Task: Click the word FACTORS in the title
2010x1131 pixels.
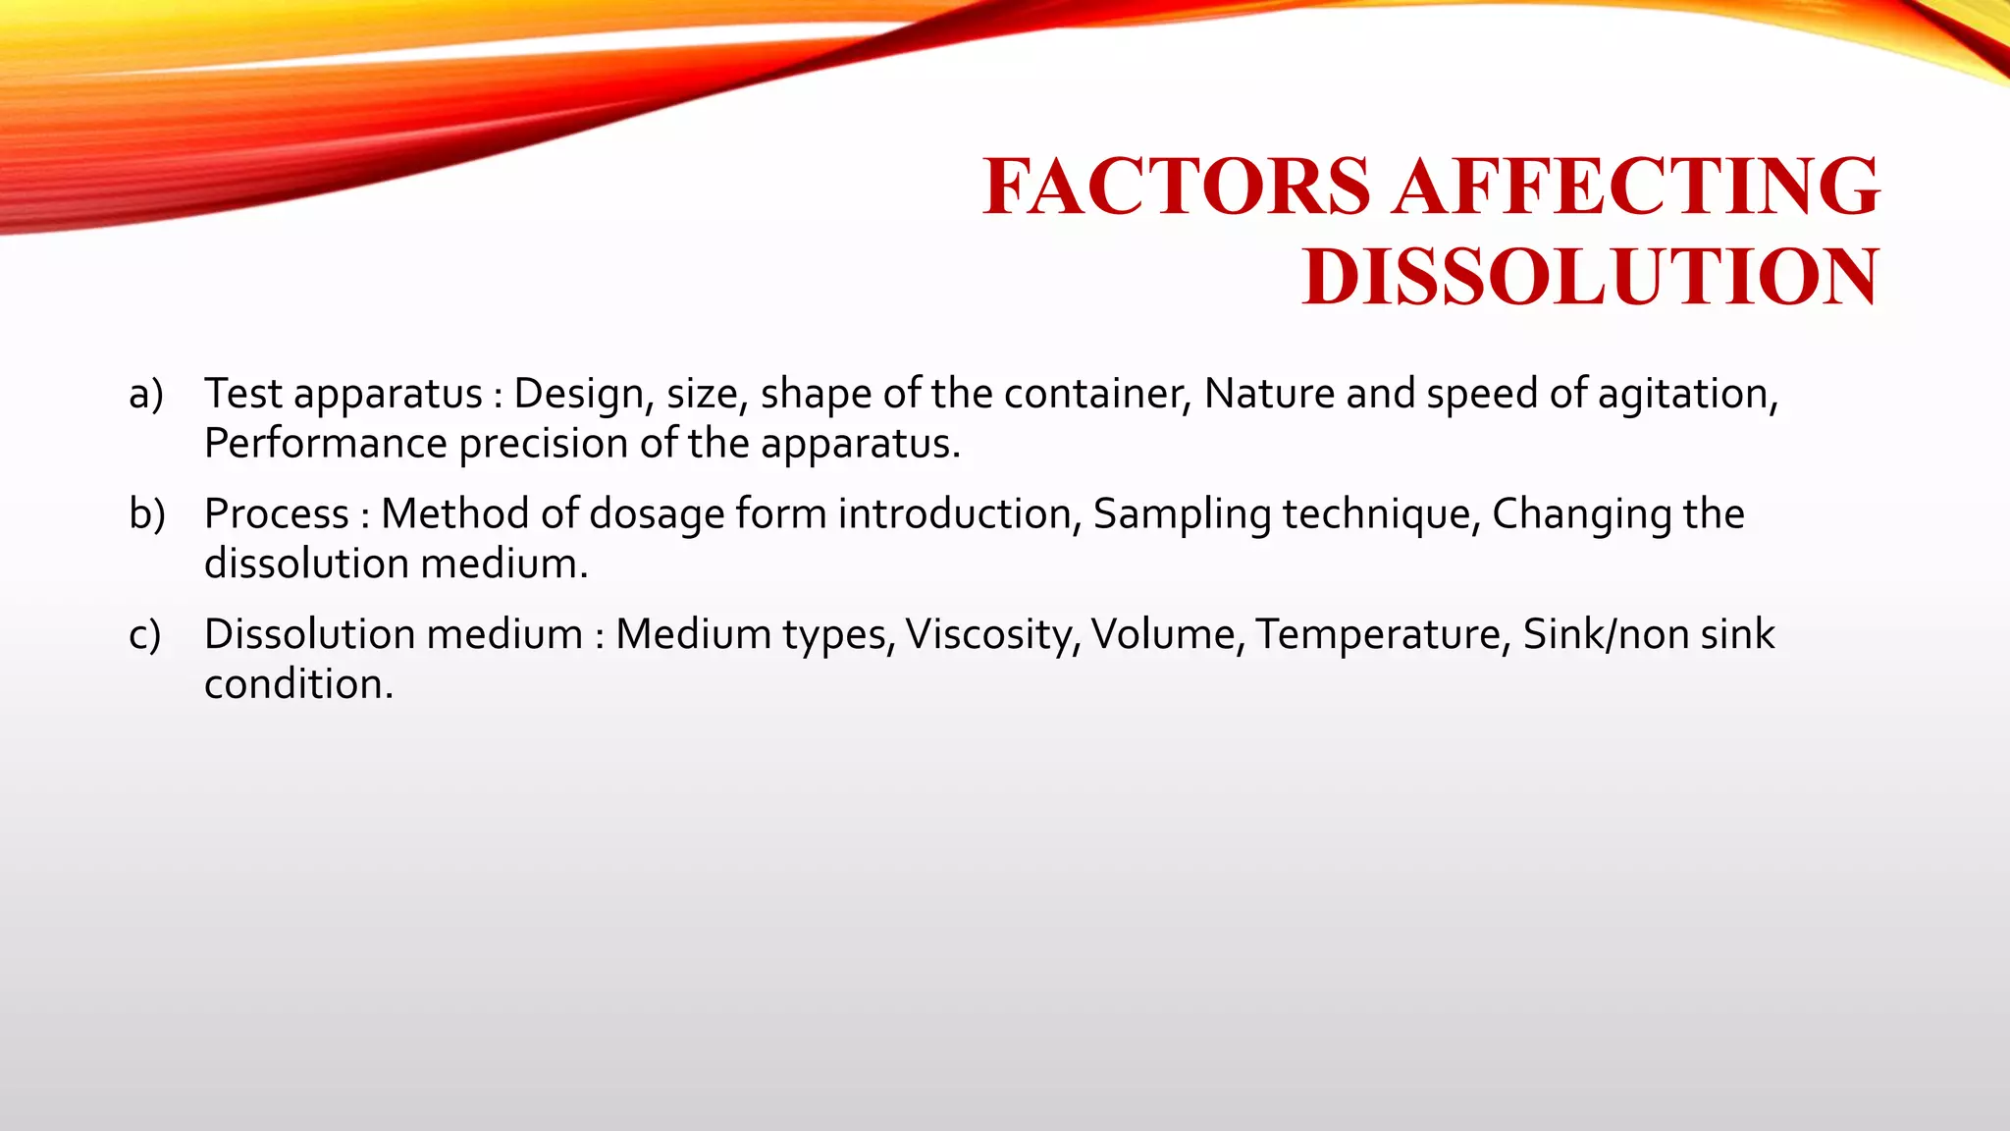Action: [x=1177, y=186]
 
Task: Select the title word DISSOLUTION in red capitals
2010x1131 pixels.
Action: [x=1591, y=277]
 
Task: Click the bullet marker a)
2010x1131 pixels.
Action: [x=146, y=395]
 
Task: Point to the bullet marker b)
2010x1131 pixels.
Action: [x=147, y=514]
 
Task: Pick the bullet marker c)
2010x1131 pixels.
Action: [x=145, y=635]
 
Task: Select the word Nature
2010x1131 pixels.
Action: [x=1270, y=395]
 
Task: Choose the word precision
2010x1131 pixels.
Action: [x=544, y=444]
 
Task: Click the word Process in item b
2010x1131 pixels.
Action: [x=277, y=514]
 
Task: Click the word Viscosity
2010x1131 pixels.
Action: [x=992, y=635]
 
